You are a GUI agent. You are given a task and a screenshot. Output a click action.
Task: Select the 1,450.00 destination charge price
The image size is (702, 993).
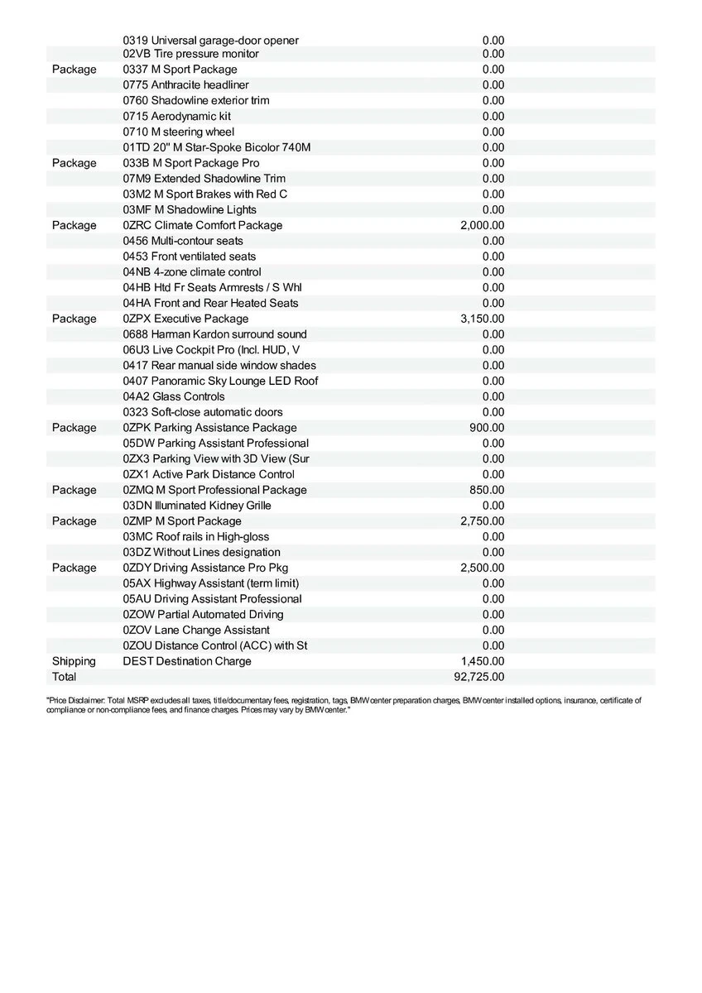pyautogui.click(x=482, y=661)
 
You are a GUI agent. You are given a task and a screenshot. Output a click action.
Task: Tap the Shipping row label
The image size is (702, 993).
pyautogui.click(x=74, y=661)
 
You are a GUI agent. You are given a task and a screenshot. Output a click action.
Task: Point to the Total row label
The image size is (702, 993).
pyautogui.click(x=64, y=677)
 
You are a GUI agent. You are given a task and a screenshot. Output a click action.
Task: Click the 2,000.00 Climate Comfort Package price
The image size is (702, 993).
pyautogui.click(x=482, y=225)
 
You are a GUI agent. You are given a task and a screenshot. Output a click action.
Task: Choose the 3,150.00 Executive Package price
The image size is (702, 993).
pyautogui.click(x=482, y=319)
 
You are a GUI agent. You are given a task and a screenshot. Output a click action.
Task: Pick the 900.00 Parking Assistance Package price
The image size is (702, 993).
pyautogui.click(x=487, y=428)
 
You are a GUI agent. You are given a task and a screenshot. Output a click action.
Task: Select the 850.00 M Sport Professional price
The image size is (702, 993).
pyautogui.click(x=487, y=490)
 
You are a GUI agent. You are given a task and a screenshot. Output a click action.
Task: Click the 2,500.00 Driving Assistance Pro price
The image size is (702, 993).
pyautogui.click(x=482, y=568)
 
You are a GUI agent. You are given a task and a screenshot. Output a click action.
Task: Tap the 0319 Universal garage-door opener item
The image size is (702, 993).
pyautogui.click(x=211, y=41)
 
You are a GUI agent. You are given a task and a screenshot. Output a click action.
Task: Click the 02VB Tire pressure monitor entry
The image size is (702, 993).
pyautogui.click(x=191, y=54)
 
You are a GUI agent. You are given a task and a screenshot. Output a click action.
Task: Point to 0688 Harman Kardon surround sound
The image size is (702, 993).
pyautogui.click(x=215, y=334)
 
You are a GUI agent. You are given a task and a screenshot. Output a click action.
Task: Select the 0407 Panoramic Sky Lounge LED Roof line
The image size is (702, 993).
pyautogui.click(x=220, y=381)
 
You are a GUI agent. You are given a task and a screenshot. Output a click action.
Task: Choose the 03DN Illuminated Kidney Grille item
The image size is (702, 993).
pyautogui.click(x=197, y=506)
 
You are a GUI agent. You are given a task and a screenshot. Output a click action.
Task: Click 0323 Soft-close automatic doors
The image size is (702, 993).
pyautogui.click(x=203, y=412)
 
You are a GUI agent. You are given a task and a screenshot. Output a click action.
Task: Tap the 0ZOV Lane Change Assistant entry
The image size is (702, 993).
pyautogui.click(x=196, y=630)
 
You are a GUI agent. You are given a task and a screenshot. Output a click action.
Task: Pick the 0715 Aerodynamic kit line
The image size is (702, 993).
pyautogui.click(x=177, y=116)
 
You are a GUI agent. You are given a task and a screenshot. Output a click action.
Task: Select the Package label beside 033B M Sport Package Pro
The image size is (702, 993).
pyautogui.click(x=74, y=163)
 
